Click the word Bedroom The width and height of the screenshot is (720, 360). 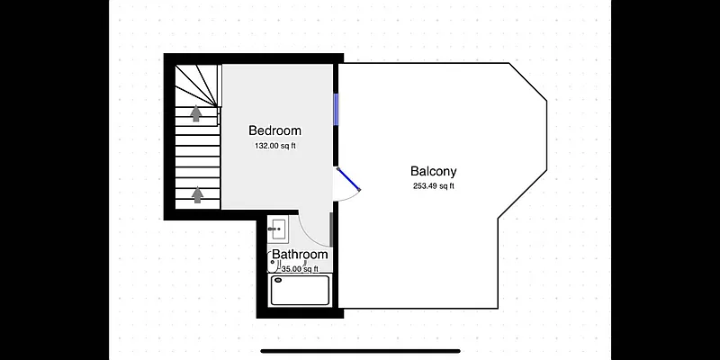coord(274,130)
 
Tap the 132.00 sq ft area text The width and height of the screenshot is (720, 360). coord(274,146)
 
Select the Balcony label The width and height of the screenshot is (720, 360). coord(434,171)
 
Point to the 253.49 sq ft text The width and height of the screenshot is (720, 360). coord(434,186)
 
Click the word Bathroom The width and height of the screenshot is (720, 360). coord(300,255)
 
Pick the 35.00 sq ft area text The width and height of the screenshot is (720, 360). coord(300,268)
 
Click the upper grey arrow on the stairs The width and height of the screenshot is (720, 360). coord(196,112)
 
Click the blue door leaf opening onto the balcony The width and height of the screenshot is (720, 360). coord(348,179)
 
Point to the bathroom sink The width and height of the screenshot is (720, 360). coord(278,229)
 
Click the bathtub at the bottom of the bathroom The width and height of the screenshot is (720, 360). coord(300,290)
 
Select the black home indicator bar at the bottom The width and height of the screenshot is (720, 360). coord(360,350)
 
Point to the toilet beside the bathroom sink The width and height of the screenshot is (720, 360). coord(274,262)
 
